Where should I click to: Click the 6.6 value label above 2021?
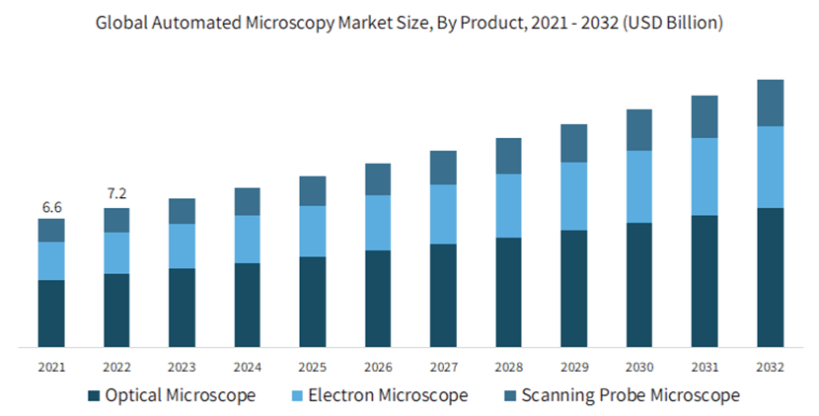click(x=51, y=207)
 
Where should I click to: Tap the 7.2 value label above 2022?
click(x=116, y=192)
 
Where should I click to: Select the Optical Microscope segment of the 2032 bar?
click(x=770, y=277)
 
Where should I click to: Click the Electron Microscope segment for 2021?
click(x=51, y=260)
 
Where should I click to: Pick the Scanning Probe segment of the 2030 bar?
click(x=639, y=130)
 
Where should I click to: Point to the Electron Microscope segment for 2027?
click(x=443, y=214)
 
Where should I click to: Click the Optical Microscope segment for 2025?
click(x=313, y=302)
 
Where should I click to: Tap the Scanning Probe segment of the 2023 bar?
click(x=182, y=211)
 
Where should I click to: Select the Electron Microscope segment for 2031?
click(x=705, y=176)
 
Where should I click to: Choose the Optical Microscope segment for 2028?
click(x=508, y=292)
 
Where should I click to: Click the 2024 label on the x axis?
click(x=247, y=367)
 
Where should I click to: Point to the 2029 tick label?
click(x=573, y=367)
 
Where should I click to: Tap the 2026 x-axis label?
click(x=378, y=367)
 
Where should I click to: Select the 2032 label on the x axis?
click(x=770, y=367)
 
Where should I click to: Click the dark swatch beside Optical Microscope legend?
click(x=94, y=396)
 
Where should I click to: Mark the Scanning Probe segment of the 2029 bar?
click(x=573, y=143)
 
